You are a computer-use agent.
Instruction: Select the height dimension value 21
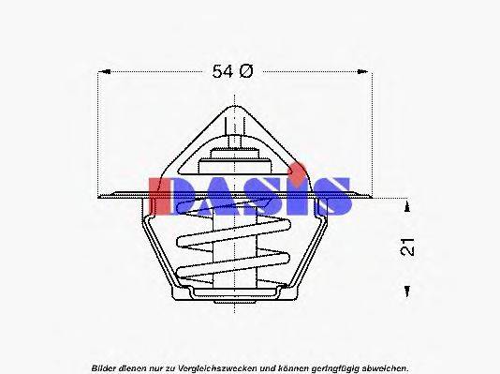point(406,247)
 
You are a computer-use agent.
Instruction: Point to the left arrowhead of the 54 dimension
point(104,71)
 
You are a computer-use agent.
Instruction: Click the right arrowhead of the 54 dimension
point(369,71)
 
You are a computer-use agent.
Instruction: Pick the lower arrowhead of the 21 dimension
point(406,292)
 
